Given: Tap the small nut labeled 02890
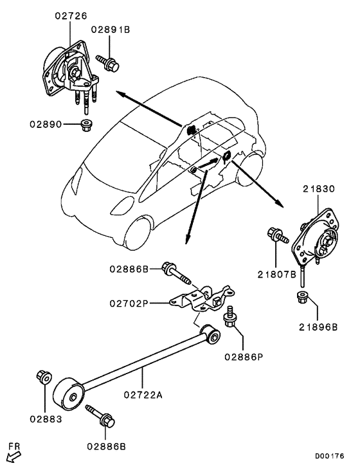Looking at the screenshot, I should (85, 123).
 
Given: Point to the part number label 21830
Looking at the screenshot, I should (319, 188).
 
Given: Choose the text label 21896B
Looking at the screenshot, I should (317, 326).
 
